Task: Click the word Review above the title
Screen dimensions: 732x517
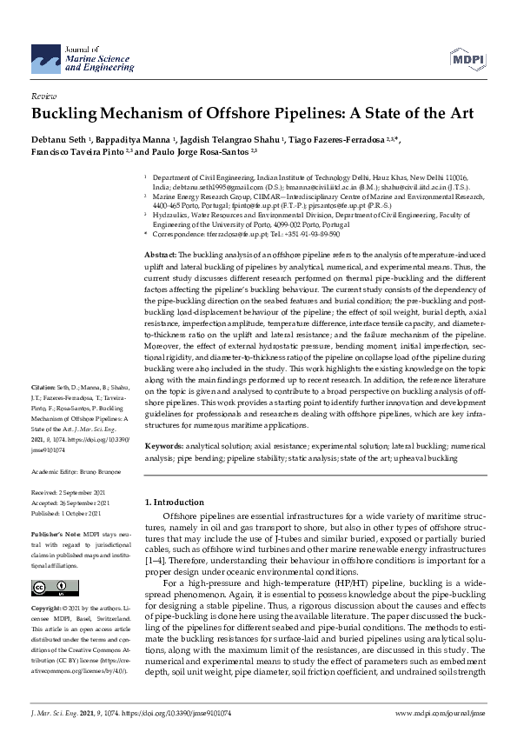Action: point(43,97)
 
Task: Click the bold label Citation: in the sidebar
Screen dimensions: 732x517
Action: point(43,409)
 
